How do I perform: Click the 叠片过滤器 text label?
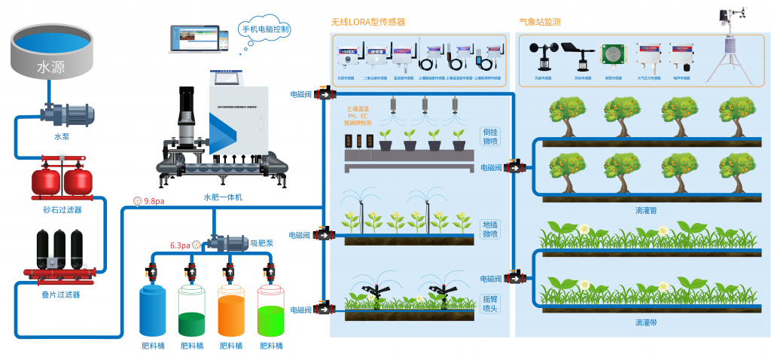click(x=60, y=294)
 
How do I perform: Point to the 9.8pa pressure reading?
click(x=154, y=201)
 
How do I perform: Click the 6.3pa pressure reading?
click(x=180, y=245)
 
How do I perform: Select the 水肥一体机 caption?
click(x=224, y=197)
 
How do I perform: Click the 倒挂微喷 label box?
click(x=490, y=135)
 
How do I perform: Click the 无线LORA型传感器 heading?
click(x=368, y=22)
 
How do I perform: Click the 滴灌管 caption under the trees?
click(x=646, y=210)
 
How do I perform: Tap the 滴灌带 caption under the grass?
click(x=646, y=322)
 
